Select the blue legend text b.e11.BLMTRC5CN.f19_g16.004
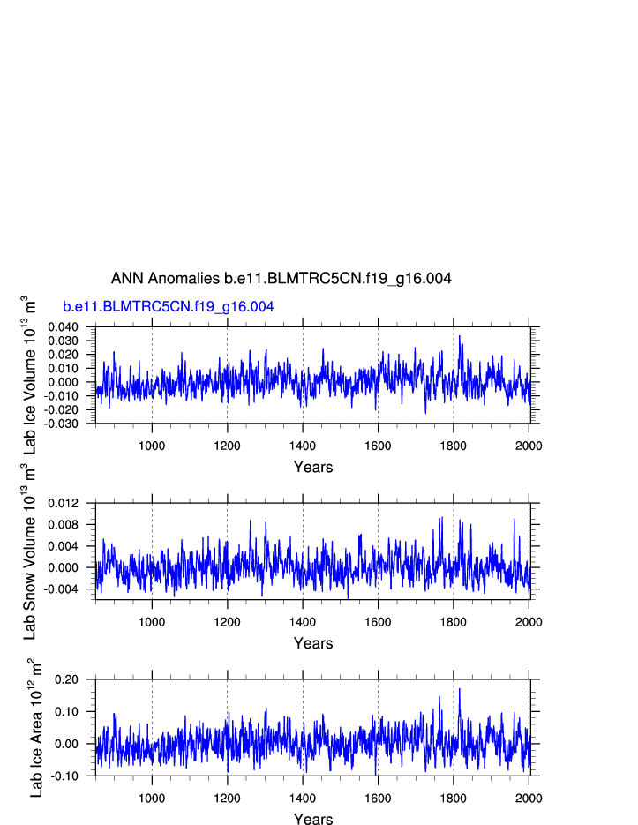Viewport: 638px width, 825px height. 168,307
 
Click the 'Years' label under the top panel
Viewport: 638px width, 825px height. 313,467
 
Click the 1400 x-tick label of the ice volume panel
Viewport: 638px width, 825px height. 303,446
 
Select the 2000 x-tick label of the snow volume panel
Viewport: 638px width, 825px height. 529,622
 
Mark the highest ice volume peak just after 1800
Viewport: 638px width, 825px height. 459,336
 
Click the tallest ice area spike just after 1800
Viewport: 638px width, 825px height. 459,689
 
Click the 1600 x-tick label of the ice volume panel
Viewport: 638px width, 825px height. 378,446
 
